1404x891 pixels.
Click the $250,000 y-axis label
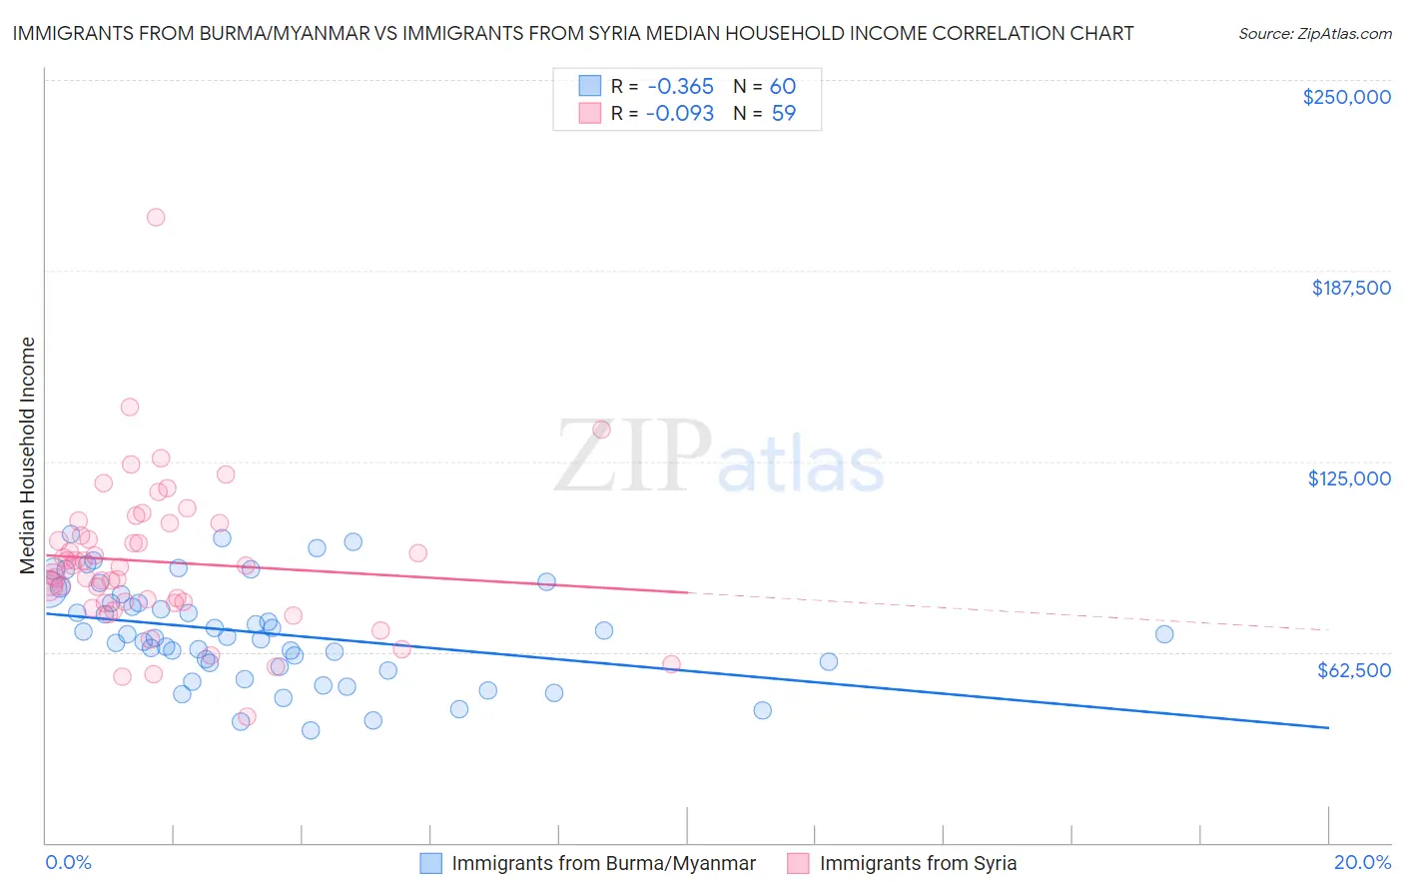pos(1346,97)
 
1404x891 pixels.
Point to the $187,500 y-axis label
pos(1350,288)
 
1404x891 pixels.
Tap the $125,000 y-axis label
pos(1349,478)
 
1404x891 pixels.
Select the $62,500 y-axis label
pos(1353,670)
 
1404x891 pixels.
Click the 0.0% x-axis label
pos(69,862)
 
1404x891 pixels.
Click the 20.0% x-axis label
pos(1362,862)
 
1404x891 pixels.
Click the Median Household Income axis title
pos(28,455)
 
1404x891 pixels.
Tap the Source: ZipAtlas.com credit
pos(1314,34)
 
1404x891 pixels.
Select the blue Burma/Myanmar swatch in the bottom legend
pos(430,863)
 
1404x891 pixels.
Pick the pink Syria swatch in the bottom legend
pos(798,863)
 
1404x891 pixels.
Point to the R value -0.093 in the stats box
pos(679,114)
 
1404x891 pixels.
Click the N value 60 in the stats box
pos(783,87)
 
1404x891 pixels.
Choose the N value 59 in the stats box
pos(784,114)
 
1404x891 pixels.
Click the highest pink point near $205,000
pos(156,217)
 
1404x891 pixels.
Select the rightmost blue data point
pos(1164,633)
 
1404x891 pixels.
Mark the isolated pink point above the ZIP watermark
pos(601,430)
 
